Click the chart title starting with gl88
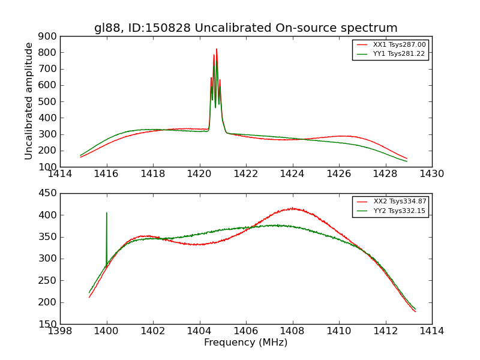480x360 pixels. pos(245,28)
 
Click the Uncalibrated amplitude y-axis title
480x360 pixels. pos(29,101)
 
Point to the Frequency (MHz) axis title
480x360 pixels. pos(245,343)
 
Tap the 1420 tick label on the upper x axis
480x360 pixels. pos(199,174)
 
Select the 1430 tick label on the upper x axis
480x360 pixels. pos(431,174)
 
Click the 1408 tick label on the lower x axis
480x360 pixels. pos(292,331)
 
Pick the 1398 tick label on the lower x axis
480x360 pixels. pos(60,331)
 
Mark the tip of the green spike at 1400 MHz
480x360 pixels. pos(107,213)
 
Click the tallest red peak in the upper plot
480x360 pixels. pos(217,49)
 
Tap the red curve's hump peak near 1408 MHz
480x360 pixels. pos(292,208)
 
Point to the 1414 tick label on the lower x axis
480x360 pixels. pos(431,331)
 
